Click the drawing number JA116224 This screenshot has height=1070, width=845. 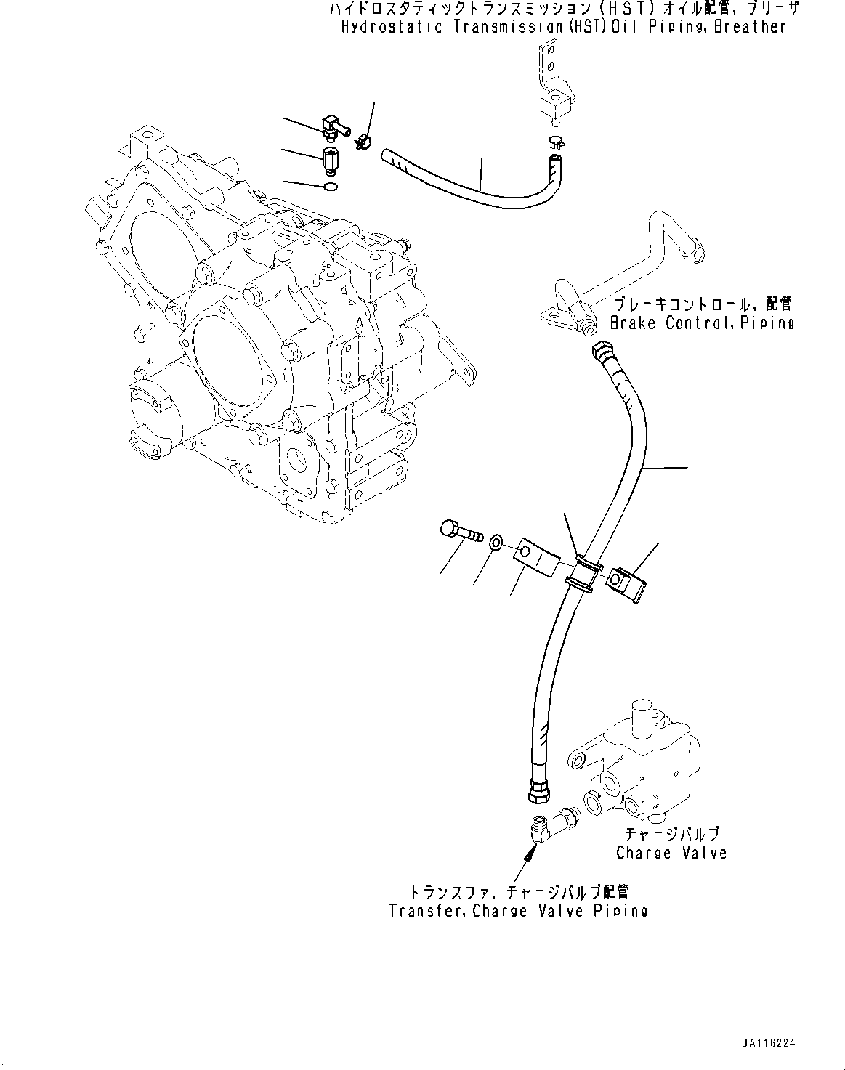point(769,1042)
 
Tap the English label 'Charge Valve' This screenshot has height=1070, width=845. point(671,853)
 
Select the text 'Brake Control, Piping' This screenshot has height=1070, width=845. point(701,323)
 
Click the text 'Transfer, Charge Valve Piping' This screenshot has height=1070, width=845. point(517,910)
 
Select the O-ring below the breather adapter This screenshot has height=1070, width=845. point(331,188)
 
